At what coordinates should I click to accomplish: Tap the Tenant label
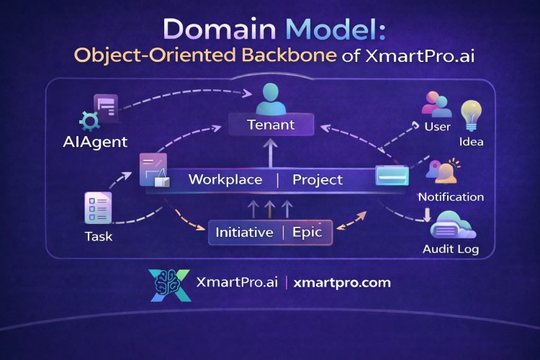(x=270, y=125)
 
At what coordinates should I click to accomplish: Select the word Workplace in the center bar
(x=225, y=179)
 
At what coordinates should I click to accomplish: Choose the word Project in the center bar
(x=318, y=179)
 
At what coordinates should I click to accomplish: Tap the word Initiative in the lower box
(x=245, y=233)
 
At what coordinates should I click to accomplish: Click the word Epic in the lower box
(x=311, y=233)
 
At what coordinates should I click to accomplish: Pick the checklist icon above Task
(x=97, y=209)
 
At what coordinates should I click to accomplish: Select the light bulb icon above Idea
(x=472, y=114)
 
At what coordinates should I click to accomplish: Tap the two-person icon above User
(x=436, y=104)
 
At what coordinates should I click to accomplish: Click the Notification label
(x=451, y=197)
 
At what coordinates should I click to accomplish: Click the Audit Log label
(x=450, y=250)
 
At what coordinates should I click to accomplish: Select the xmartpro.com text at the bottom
(x=342, y=282)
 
